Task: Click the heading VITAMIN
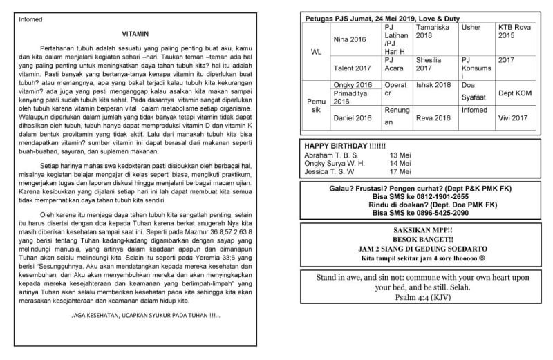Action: [135, 32]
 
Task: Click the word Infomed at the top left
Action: [32, 19]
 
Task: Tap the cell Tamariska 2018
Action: [433, 31]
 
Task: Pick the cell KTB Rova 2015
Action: [514, 31]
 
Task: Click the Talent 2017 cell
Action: [352, 68]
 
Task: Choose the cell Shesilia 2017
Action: [433, 64]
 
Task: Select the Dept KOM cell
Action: [514, 92]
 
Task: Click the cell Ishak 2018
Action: [433, 84]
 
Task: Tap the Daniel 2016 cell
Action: [352, 118]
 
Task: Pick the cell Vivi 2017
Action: [514, 118]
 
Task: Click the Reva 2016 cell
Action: [433, 118]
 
